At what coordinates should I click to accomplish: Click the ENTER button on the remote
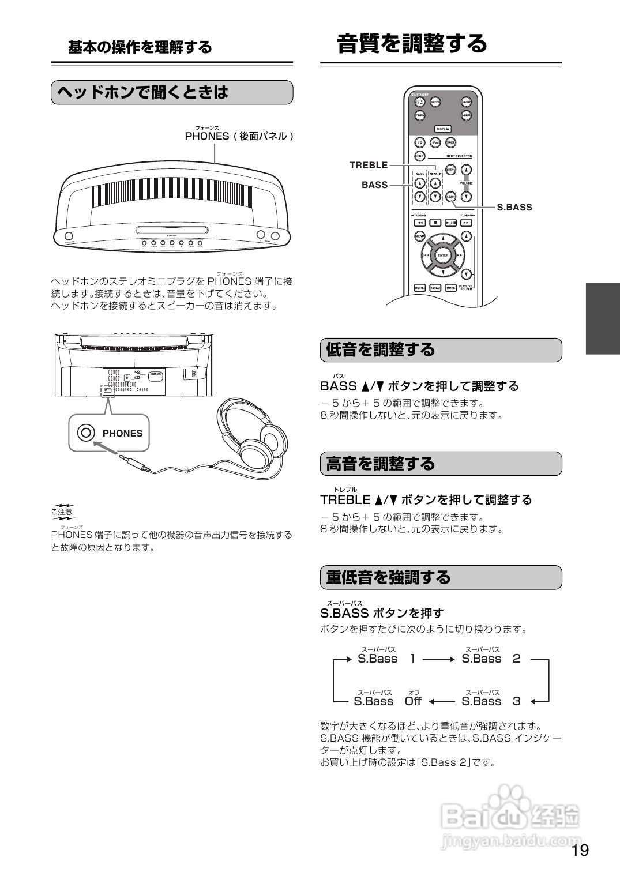[442, 255]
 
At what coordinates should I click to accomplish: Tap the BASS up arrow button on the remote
[419, 183]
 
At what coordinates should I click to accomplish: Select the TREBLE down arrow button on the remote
[435, 196]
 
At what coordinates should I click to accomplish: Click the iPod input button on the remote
[435, 143]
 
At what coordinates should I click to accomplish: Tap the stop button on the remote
[435, 223]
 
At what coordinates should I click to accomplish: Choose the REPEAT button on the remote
[435, 287]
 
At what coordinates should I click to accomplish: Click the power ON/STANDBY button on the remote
[420, 101]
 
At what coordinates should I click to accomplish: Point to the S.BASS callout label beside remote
[514, 208]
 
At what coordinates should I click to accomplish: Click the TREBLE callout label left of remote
[369, 166]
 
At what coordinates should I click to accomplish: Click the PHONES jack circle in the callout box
[86, 433]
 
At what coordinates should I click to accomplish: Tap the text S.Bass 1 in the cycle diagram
[386, 659]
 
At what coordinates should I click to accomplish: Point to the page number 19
[580, 851]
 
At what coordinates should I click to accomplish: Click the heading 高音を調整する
[381, 464]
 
